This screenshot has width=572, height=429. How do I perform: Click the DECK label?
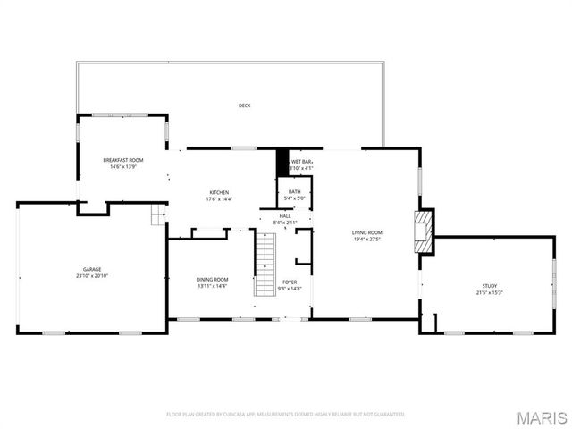pos(244,105)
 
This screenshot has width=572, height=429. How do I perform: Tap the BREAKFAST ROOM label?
pos(122,159)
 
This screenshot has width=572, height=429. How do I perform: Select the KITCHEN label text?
pos(219,192)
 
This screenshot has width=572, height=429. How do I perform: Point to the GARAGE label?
pos(92,269)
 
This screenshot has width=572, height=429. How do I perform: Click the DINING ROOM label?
pos(212,280)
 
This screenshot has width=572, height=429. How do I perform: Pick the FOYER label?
pos(290,282)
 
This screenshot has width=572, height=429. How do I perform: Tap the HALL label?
pos(285,215)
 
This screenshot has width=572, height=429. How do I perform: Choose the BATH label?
pos(294,191)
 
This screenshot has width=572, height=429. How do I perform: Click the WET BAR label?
pos(301,161)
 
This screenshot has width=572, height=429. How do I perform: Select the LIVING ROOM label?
pos(367,232)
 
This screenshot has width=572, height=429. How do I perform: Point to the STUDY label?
pos(490,286)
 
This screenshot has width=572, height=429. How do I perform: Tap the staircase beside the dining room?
pos(265,264)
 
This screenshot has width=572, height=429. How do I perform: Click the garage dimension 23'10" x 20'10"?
pos(92,276)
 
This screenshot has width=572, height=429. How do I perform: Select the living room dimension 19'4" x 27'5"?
pos(367,240)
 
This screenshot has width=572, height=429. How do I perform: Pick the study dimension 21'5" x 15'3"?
pos(490,293)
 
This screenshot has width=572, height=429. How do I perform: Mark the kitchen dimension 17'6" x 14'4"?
pos(219,199)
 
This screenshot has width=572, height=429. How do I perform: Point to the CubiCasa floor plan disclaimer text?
pos(286,415)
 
